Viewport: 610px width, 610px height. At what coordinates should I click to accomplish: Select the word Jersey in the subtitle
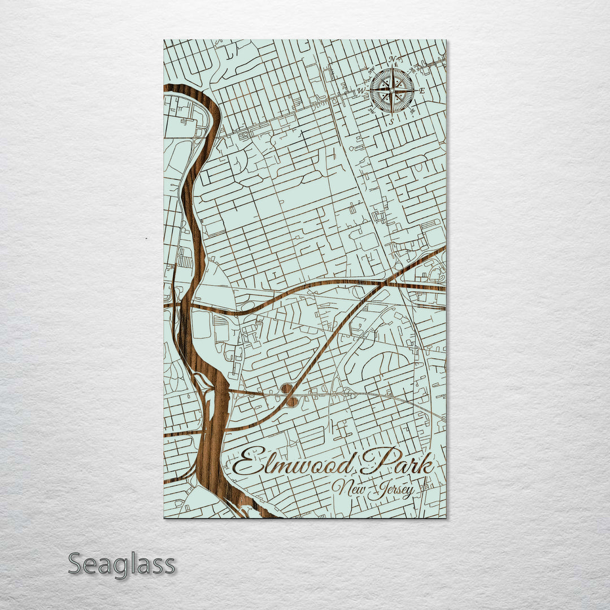click(390, 490)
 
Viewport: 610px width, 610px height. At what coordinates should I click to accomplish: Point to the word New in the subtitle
click(348, 487)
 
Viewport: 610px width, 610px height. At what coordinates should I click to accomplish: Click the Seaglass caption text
click(121, 564)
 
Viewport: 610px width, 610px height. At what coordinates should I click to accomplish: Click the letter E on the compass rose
click(422, 90)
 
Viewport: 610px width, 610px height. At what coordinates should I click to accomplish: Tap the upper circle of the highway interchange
click(286, 388)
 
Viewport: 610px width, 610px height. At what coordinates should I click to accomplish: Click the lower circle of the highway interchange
click(291, 402)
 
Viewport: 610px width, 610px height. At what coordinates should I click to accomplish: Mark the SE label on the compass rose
click(412, 111)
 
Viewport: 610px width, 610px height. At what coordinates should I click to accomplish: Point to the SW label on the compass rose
click(372, 111)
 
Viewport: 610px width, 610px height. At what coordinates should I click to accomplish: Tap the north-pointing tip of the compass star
click(392, 69)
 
